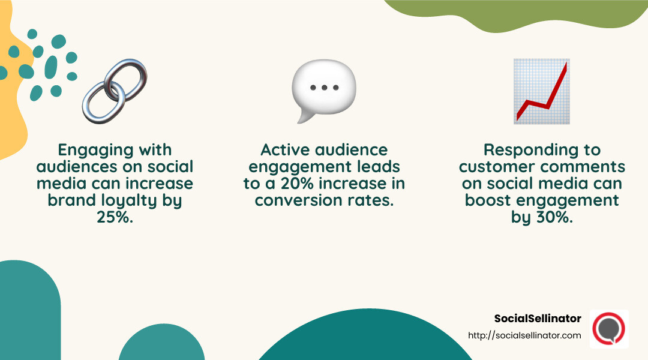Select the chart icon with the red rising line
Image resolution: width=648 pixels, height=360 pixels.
(541, 91)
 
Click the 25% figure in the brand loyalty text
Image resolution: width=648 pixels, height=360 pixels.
(114, 218)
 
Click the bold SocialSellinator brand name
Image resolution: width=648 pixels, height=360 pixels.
(538, 318)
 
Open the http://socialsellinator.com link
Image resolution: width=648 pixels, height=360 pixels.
(524, 335)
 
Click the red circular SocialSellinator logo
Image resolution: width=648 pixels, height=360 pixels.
(608, 329)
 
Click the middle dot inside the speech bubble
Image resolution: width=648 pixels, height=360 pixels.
(324, 88)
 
